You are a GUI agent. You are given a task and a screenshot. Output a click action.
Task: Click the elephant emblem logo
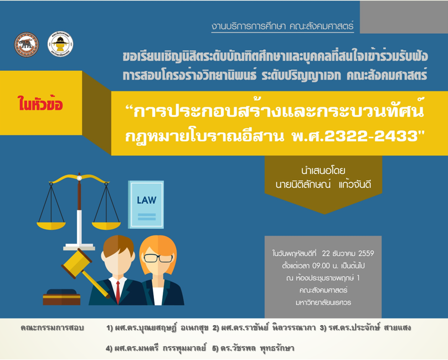pyautogui.click(x=26, y=44)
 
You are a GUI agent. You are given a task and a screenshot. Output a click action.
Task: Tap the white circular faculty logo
pyautogui.click(x=60, y=44)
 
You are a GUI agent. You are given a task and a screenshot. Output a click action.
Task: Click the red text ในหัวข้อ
pyautogui.click(x=40, y=104)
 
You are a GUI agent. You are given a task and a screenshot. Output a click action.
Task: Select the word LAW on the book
pyautogui.click(x=146, y=200)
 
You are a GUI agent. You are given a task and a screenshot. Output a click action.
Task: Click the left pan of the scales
pyautogui.click(x=51, y=225)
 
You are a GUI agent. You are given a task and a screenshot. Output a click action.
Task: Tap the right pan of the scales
pyautogui.click(x=106, y=225)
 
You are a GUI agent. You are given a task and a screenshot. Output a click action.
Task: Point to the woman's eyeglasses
pyautogui.click(x=158, y=258)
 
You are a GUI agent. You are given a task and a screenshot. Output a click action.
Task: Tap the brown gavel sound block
pyautogui.click(x=61, y=297)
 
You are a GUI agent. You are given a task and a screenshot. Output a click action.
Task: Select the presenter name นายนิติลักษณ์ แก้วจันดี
pyautogui.click(x=323, y=184)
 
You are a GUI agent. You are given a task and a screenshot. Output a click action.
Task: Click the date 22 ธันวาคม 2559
pyautogui.click(x=348, y=254)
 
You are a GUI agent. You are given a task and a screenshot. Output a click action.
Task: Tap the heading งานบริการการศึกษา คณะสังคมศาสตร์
pyautogui.click(x=282, y=26)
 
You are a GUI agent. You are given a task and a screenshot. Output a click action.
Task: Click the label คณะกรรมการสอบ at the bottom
pyautogui.click(x=52, y=328)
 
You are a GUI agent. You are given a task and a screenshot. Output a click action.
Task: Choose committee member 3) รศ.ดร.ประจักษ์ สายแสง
pyautogui.click(x=365, y=328)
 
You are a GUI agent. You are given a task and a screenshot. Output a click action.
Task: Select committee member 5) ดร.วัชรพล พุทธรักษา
pyautogui.click(x=253, y=348)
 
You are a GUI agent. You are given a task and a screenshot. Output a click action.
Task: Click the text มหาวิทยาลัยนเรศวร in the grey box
pyautogui.click(x=323, y=302)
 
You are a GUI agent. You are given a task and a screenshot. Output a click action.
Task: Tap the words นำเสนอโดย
pyautogui.click(x=323, y=171)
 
